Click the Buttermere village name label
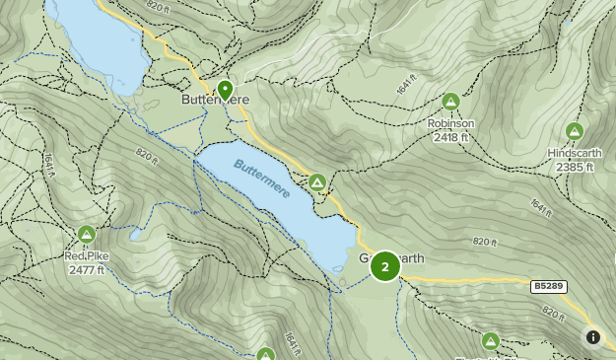click(214, 100)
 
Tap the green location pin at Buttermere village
click(226, 90)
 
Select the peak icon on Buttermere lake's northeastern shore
click(317, 182)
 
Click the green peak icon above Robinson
click(450, 102)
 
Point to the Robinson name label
click(450, 123)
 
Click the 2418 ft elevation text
click(450, 137)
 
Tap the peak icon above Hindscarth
click(575, 131)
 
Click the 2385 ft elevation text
click(575, 167)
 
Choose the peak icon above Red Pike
click(86, 235)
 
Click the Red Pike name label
click(87, 256)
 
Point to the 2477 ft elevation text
click(87, 269)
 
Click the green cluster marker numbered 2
click(384, 265)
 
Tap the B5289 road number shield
click(549, 287)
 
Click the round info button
click(593, 337)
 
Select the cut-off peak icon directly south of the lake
click(265, 354)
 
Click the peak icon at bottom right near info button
click(491, 341)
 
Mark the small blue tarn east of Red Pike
click(135, 236)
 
